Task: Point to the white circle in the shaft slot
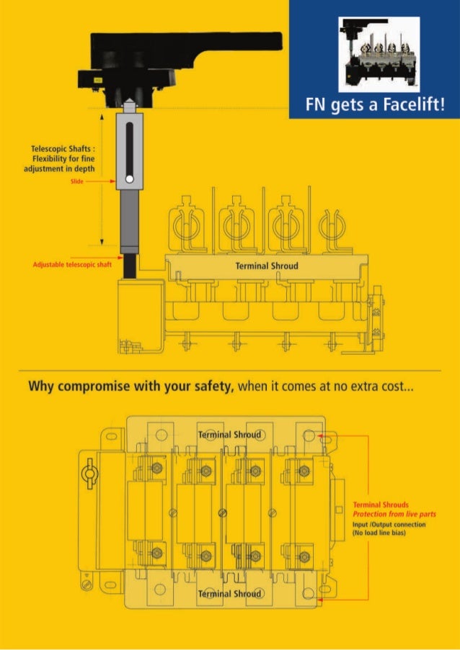click(x=129, y=179)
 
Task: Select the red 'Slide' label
click(x=78, y=182)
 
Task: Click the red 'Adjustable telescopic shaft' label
click(x=73, y=264)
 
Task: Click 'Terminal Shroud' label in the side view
click(x=267, y=266)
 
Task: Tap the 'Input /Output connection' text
click(x=389, y=525)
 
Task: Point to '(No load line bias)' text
click(x=382, y=533)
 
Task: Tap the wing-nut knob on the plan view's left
click(x=89, y=476)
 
